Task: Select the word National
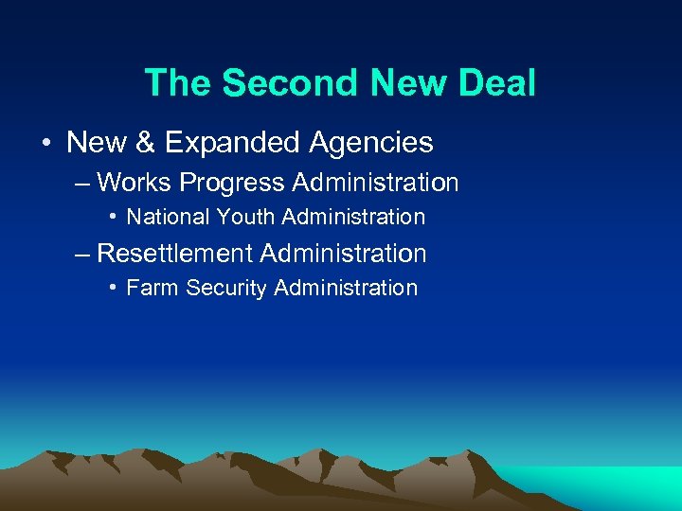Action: [x=168, y=217]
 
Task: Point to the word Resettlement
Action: [x=175, y=254]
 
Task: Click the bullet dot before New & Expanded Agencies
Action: [x=45, y=144]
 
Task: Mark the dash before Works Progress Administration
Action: [x=82, y=183]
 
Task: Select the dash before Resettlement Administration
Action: [x=82, y=255]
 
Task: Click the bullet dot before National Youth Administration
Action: [x=113, y=217]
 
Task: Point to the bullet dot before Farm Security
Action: [x=113, y=288]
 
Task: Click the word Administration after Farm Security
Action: [x=345, y=288]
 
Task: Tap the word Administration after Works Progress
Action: [x=376, y=182]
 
